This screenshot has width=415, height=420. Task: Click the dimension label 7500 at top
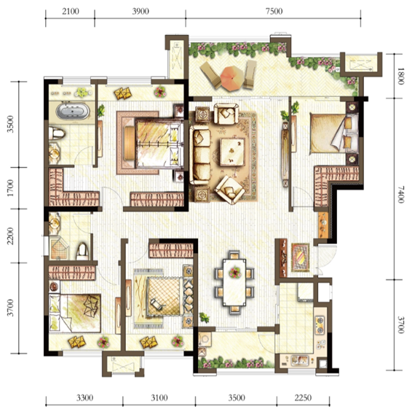(x=274, y=11)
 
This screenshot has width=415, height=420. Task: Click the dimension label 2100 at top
(x=71, y=11)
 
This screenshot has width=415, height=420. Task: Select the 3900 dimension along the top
(x=141, y=11)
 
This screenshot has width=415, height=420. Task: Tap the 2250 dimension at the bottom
(x=303, y=398)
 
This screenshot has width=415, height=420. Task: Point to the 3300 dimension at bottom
(x=84, y=398)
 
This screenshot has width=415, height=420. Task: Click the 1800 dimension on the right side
(x=400, y=76)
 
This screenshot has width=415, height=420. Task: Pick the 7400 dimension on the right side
(x=400, y=195)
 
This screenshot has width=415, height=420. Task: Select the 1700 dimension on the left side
(x=10, y=188)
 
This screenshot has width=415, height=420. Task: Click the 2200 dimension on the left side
(x=10, y=236)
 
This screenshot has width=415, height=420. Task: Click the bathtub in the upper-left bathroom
(x=73, y=111)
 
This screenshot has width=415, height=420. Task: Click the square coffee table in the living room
(x=232, y=152)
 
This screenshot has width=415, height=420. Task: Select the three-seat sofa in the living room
(x=200, y=156)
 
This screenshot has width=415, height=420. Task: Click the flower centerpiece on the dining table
(x=234, y=273)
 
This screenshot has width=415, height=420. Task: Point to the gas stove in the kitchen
(x=320, y=325)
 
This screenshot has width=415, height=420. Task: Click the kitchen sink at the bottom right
(x=299, y=360)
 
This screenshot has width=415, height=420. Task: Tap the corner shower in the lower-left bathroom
(x=59, y=248)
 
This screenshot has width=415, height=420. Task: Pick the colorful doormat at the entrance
(x=300, y=257)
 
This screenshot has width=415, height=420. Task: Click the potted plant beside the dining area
(x=205, y=318)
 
